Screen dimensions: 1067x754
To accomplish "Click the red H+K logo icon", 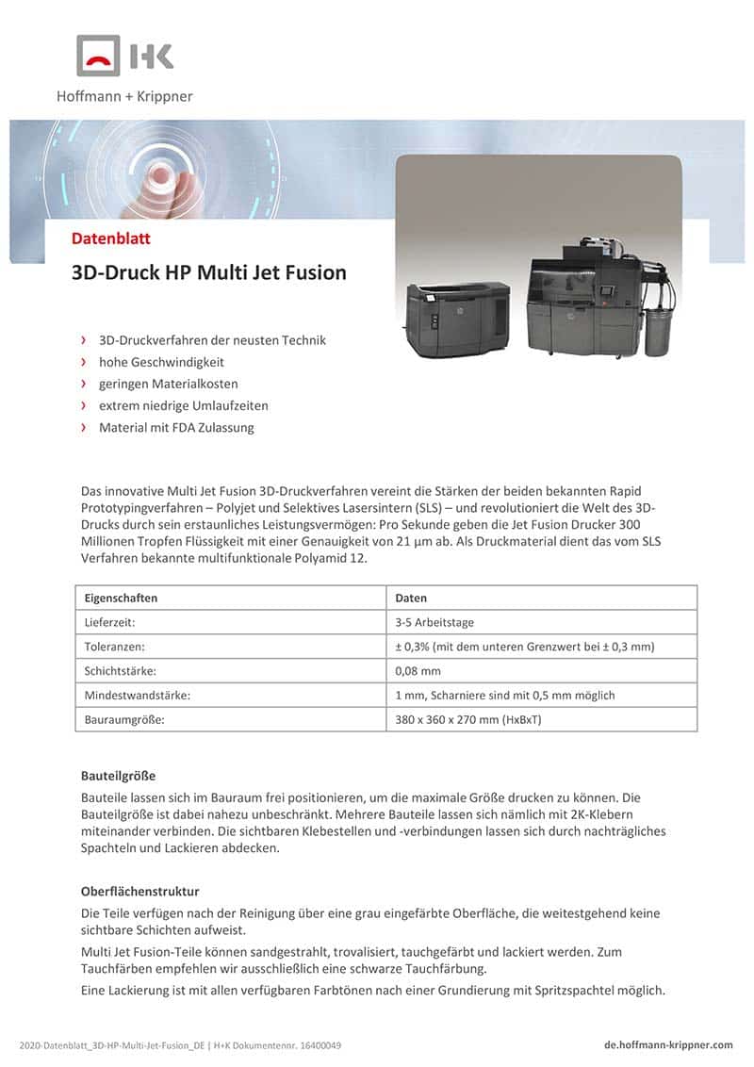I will pos(98,56).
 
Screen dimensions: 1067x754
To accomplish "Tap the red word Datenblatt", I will pos(111,238).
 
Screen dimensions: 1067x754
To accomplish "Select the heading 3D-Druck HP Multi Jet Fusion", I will pos(209,272).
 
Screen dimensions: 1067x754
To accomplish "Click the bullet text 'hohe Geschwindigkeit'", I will pos(161,362).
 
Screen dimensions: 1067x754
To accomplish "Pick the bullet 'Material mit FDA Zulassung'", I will pos(176,427).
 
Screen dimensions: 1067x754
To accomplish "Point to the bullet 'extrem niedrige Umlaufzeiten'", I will pos(184,405).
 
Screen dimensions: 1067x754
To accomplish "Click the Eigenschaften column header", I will pos(121,598).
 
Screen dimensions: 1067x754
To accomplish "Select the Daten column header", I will pos(411,598).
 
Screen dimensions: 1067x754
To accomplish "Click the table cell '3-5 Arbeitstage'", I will pos(435,622).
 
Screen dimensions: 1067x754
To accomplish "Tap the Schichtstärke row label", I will pos(122,671).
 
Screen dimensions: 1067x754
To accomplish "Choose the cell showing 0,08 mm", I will pos(418,671).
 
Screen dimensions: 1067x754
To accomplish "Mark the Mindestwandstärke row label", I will pos(137,696).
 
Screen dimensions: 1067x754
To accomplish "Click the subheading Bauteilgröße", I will pos(118,776).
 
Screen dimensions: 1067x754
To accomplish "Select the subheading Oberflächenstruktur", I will pos(140,891).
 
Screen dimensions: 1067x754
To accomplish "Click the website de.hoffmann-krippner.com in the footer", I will pos(668,1044).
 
